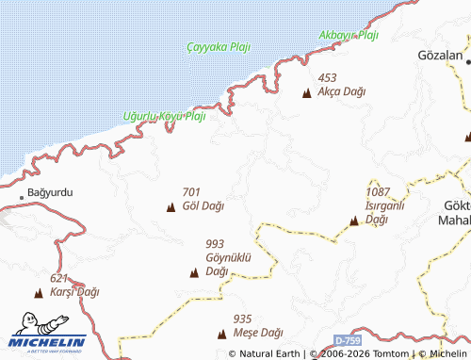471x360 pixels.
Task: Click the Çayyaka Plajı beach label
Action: coord(219,47)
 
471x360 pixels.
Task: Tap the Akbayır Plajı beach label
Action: coord(349,36)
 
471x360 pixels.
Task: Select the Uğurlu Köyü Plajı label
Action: coord(164,117)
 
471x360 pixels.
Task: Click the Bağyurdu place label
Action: coord(51,192)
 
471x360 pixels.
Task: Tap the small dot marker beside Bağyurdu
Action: coord(22,197)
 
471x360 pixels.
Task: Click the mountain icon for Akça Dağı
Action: coord(306,93)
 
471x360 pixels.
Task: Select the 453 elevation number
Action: coord(327,78)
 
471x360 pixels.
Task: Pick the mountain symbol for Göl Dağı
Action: coord(171,206)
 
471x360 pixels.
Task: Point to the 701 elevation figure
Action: coord(191,191)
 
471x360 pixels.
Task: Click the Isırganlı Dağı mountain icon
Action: coord(353,222)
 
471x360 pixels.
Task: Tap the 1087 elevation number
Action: coord(378,192)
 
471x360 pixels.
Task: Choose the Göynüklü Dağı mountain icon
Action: coord(194,273)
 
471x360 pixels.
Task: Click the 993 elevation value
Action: coord(215,244)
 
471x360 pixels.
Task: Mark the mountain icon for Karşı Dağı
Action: coord(39,293)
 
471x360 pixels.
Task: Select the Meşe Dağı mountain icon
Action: coord(222,334)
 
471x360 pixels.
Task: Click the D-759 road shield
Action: coord(349,338)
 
